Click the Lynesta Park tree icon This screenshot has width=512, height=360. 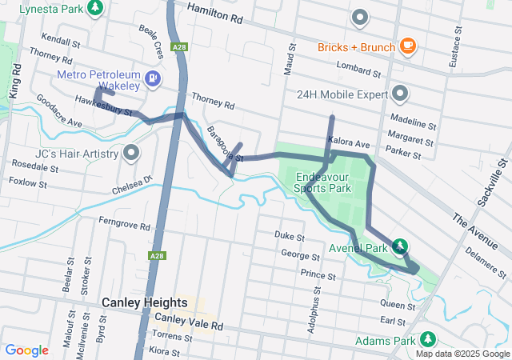(x=96, y=8)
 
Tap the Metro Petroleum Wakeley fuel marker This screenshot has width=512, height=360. (x=150, y=78)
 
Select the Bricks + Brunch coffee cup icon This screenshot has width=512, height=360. (x=407, y=46)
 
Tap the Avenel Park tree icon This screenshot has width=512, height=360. (x=398, y=247)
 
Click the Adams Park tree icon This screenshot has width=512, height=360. (x=428, y=340)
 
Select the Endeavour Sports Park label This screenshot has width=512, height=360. (x=323, y=182)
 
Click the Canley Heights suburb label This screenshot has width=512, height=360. (x=144, y=303)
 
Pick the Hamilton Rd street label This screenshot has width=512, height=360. (x=214, y=10)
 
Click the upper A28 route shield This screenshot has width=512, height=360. (x=180, y=47)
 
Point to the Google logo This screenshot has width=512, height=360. (x=26, y=350)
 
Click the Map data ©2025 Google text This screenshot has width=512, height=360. (x=461, y=354)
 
